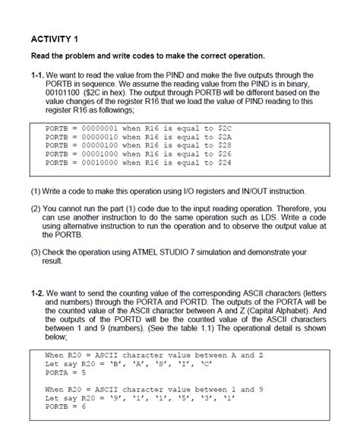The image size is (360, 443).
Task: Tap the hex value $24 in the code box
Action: (x=225, y=163)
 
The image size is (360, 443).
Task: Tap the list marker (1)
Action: (x=36, y=191)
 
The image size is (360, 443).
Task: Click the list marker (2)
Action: (x=36, y=208)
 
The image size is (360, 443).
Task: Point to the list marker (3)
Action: (x=36, y=252)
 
